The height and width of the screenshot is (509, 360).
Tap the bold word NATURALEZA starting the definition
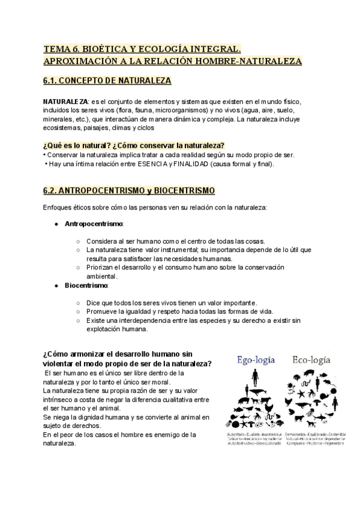(x=65, y=101)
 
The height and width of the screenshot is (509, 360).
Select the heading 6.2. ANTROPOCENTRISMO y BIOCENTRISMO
(x=128, y=191)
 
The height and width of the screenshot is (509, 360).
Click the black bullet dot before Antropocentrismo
(x=56, y=224)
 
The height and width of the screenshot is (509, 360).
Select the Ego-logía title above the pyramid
(x=256, y=360)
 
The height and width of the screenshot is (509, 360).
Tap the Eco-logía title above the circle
(x=311, y=360)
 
